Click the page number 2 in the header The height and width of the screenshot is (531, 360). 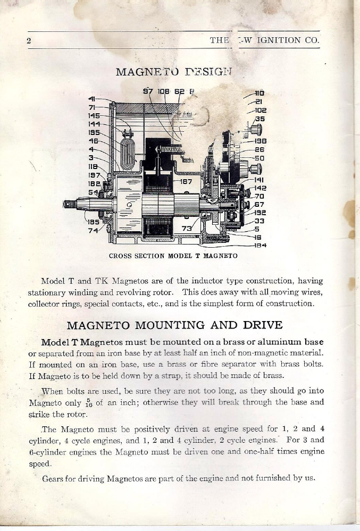coord(31,41)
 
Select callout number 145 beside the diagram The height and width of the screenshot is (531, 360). coord(94,115)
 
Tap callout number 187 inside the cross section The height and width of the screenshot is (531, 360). coord(186,182)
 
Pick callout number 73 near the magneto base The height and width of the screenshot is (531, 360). coord(186,229)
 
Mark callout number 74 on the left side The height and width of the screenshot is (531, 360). coord(94,230)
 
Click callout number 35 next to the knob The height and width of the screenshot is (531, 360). coord(259,120)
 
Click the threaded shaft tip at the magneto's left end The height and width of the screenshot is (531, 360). coord(70,203)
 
